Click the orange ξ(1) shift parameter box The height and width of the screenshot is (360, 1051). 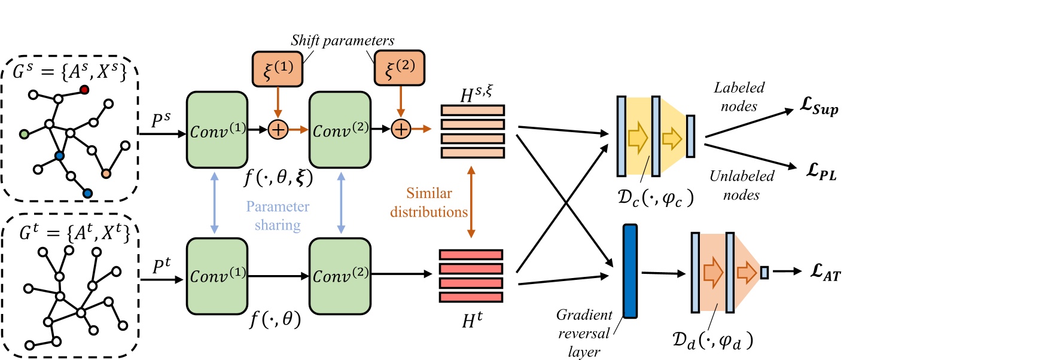pos(277,69)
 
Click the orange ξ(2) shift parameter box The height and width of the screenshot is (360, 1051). pos(399,68)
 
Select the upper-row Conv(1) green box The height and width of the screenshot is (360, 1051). pos(217,130)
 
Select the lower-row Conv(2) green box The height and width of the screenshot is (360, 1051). pos(340,276)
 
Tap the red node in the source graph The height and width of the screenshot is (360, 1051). pos(84,90)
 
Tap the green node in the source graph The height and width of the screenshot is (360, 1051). pos(24,134)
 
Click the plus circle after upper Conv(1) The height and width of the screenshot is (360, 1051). pos(278,129)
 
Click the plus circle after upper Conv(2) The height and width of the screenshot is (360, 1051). pos(401,129)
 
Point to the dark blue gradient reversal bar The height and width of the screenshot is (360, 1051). pos(630,271)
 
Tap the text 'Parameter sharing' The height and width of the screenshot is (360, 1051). pos(278,215)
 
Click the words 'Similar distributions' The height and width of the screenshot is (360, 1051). pos(428,202)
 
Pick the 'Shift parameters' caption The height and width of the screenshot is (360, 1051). pos(342,41)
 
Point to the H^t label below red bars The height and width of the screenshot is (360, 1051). pos(471,321)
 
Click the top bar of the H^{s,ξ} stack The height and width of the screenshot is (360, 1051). pos(473,110)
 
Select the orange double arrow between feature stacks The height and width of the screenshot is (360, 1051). pos(471,202)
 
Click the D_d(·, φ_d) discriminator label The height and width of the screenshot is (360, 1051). pos(711,341)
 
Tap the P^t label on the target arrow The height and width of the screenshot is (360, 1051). pos(162,266)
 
